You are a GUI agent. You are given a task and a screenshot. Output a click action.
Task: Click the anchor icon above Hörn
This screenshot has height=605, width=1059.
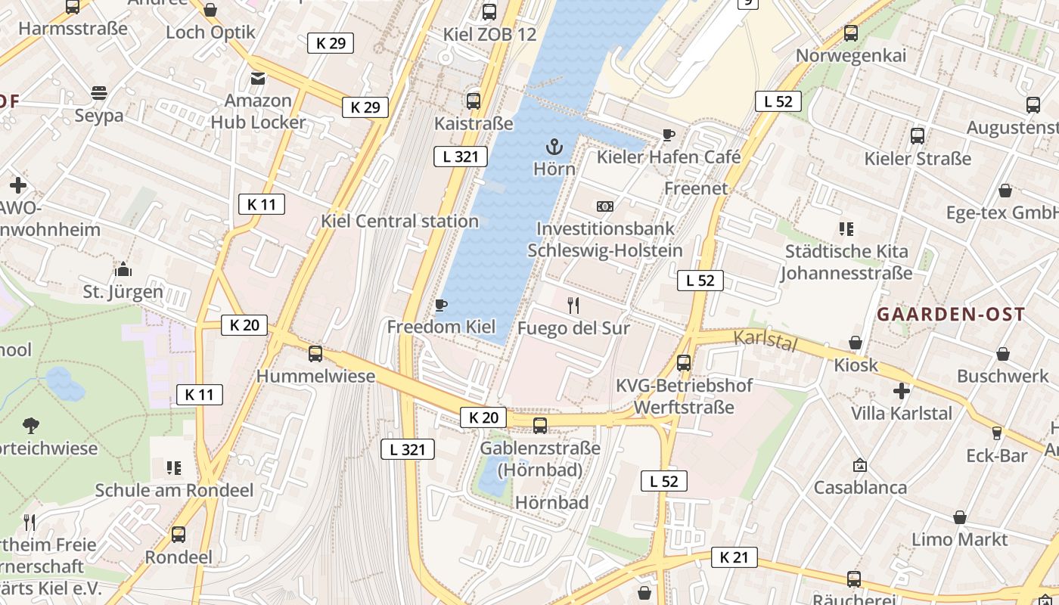coord(554,146)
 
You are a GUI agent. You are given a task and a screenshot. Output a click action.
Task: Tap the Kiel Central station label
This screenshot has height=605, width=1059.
coord(399,221)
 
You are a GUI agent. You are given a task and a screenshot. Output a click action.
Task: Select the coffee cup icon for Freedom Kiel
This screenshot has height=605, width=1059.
coord(441,305)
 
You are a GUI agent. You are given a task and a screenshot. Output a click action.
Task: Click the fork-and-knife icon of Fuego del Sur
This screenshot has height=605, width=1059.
coord(573,306)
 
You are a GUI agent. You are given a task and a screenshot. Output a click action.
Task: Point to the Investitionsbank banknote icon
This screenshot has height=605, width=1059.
coord(604,206)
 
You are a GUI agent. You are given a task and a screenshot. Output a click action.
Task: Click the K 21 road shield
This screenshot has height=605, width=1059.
coord(734,558)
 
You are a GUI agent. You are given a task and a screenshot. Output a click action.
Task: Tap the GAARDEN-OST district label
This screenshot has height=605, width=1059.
coord(951,315)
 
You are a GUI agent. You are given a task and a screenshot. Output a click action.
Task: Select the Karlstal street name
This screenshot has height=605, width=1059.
coord(766,340)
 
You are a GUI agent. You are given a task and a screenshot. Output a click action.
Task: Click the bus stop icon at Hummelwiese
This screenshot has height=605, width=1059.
coord(315,354)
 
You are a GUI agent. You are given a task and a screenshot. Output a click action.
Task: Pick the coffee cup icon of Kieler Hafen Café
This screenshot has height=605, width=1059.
coord(668,135)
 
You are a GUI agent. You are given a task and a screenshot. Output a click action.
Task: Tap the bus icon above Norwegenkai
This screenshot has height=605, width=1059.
coord(851,33)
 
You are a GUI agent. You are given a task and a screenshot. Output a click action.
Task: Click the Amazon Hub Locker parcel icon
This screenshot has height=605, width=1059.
coord(258,78)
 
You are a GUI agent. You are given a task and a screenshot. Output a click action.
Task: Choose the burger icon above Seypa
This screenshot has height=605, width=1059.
coord(99,93)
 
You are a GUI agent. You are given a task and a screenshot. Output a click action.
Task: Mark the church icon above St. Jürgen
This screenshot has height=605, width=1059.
coord(123,269)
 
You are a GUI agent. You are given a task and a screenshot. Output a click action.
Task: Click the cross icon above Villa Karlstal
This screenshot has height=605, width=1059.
coord(901,391)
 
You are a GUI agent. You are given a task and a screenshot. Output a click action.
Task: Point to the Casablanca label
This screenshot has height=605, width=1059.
coord(860,487)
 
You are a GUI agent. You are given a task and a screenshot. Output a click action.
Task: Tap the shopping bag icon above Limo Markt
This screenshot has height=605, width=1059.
coord(959,517)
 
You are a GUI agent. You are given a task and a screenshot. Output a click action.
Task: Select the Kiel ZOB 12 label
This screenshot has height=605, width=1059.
coord(489,34)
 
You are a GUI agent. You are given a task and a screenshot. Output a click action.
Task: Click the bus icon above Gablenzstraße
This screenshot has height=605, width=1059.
coord(540,425)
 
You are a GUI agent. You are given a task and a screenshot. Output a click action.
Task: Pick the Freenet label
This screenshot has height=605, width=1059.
coord(696,188)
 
